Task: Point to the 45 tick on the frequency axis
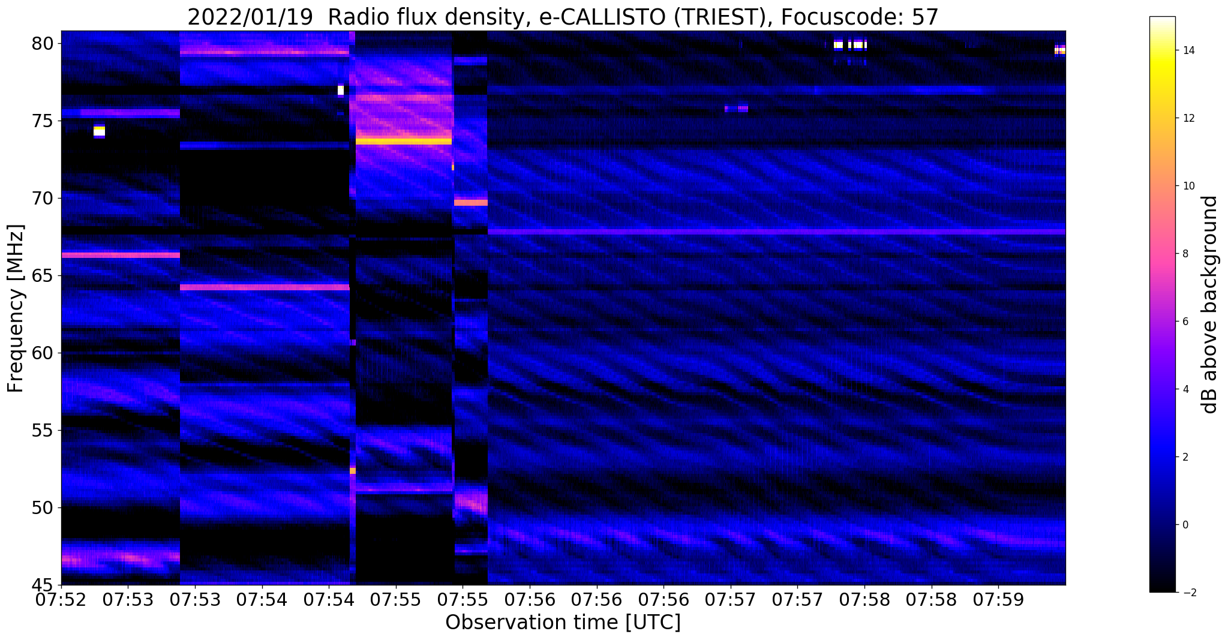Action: (59, 585)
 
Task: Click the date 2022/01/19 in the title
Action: (250, 17)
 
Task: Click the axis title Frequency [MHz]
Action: (16, 308)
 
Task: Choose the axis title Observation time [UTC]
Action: (563, 623)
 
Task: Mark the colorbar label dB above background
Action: (1210, 305)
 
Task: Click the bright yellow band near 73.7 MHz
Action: (404, 142)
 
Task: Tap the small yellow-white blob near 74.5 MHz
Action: (99, 131)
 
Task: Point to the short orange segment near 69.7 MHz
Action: (471, 203)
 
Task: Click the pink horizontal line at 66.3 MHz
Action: (121, 255)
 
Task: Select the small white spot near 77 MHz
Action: (341, 91)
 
